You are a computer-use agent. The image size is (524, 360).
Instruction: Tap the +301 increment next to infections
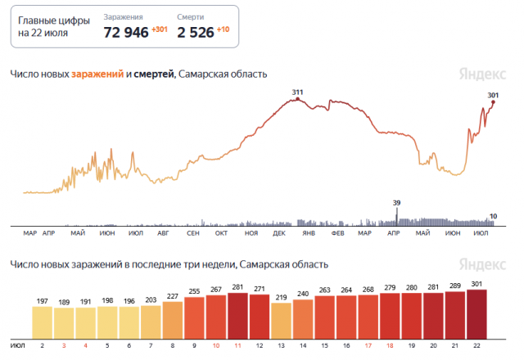[160, 29]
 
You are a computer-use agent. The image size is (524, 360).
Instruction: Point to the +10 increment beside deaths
[223, 29]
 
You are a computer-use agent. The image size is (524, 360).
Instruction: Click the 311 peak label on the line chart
[296, 92]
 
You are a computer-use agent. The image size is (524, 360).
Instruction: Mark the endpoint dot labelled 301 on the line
[493, 102]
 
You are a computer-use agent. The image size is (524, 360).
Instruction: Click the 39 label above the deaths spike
[397, 202]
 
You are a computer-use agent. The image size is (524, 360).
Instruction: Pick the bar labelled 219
[281, 317]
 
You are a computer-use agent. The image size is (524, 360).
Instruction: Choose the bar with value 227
[173, 316]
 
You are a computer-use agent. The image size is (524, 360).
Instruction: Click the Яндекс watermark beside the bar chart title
[478, 265]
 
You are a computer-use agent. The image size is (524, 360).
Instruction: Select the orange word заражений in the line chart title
[97, 74]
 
